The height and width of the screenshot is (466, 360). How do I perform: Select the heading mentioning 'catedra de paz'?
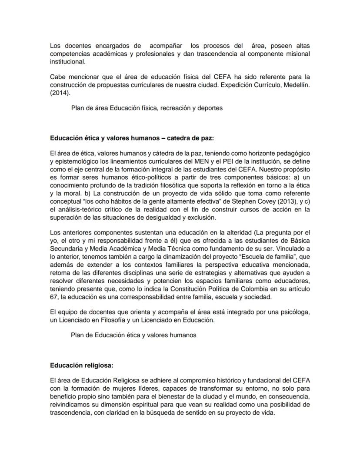click(x=132, y=138)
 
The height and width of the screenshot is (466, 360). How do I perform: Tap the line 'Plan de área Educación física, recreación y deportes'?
click(x=147, y=108)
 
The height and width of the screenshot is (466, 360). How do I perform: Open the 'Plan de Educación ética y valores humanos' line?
click(x=133, y=335)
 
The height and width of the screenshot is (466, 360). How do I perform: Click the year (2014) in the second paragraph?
click(x=59, y=93)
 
